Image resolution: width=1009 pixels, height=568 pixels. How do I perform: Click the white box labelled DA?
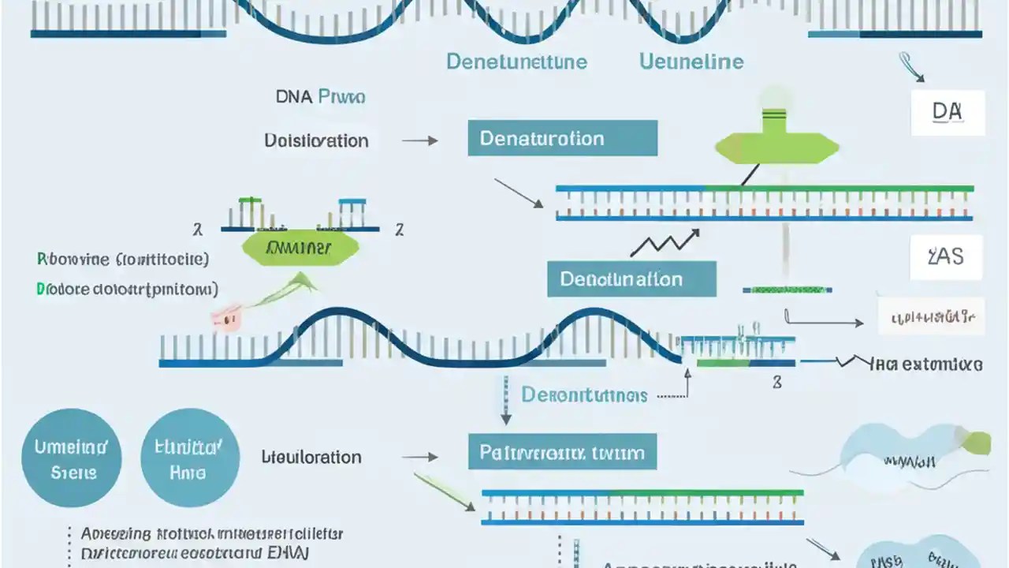click(x=948, y=112)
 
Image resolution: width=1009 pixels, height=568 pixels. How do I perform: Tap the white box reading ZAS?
click(x=947, y=257)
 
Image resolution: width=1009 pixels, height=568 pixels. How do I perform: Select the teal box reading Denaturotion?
click(x=562, y=138)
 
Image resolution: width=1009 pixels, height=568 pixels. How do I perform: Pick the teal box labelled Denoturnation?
click(x=631, y=279)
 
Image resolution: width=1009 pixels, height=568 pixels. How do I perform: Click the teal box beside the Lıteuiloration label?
click(x=562, y=453)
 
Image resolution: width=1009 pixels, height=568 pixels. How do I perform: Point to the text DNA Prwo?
click(x=320, y=97)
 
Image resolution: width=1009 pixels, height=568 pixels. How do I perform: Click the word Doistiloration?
click(x=316, y=140)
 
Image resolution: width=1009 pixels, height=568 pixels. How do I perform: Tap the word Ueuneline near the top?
click(x=691, y=62)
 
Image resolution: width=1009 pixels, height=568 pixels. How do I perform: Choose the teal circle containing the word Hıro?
click(x=189, y=458)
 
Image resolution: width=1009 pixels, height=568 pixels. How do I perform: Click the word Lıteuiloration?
click(x=311, y=457)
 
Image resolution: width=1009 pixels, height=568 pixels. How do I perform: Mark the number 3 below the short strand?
click(x=776, y=383)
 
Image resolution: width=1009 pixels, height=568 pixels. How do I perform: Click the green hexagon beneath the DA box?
click(x=776, y=147)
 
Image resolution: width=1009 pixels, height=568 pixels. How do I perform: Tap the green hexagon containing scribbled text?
click(x=299, y=248)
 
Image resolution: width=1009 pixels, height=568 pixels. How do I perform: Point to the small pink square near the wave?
click(x=225, y=319)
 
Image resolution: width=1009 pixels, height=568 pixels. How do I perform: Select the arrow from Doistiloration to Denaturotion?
click(x=420, y=140)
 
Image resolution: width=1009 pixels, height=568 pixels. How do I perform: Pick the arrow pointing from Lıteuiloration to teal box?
click(x=420, y=457)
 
